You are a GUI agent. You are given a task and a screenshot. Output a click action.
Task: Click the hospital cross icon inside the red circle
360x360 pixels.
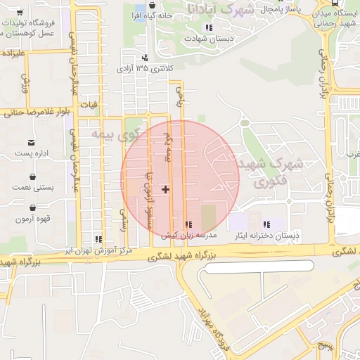pos(166,189)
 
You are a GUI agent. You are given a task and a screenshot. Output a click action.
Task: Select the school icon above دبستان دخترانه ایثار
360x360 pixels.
pos(266,224)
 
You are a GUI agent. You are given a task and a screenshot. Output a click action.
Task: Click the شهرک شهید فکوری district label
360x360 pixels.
pos(271,172)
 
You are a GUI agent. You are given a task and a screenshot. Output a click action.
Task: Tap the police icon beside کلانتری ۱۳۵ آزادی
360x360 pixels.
pos(144,58)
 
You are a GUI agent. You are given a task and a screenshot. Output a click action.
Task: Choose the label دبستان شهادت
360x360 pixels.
pos(208,39)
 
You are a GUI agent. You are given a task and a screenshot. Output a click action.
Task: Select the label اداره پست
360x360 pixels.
pos(32,153)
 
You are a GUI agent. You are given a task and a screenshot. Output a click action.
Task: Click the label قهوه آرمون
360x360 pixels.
pos(32,219)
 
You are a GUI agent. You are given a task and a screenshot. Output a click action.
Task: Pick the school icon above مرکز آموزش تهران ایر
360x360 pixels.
pos(98,239)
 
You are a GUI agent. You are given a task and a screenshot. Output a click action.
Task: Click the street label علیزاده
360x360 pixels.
pos(14,53)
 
